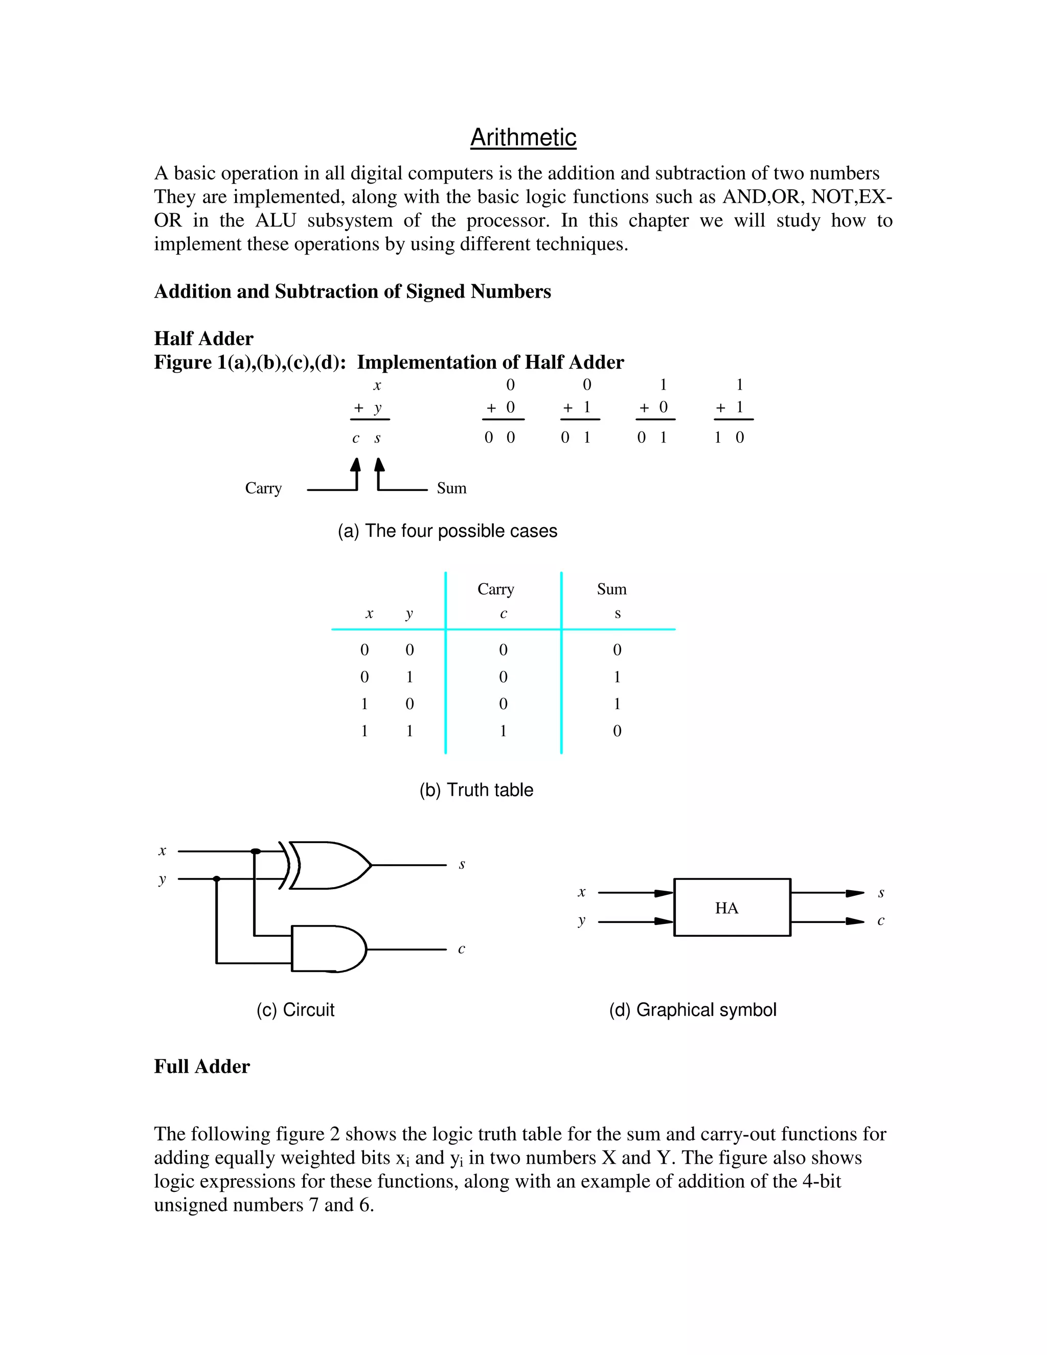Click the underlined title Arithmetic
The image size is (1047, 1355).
click(523, 137)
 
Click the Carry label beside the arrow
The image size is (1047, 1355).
click(263, 488)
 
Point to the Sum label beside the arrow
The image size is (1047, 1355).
click(451, 488)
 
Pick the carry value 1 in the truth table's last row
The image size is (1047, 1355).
click(503, 731)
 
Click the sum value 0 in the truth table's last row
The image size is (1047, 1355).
click(617, 731)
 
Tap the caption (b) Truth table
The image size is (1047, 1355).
click(476, 790)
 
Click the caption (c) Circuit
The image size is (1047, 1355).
click(295, 1009)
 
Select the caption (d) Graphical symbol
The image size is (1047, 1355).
click(692, 1009)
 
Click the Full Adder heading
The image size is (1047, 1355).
click(201, 1067)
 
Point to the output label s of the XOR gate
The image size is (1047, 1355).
click(462, 864)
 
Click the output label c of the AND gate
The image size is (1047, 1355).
click(462, 948)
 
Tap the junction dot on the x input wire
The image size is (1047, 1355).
click(255, 851)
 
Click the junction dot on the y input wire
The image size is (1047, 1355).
click(216, 878)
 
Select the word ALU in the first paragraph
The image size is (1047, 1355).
click(276, 220)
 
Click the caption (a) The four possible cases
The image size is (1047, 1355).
click(447, 531)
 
